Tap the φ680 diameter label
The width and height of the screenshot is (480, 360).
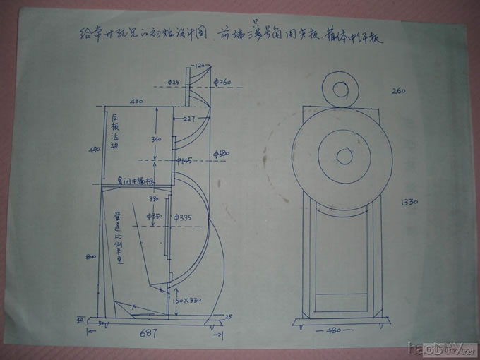(222, 152)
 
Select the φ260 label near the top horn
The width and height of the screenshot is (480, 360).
(220, 83)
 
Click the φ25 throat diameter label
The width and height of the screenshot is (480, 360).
(173, 83)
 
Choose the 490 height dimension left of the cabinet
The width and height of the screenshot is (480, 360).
(90, 150)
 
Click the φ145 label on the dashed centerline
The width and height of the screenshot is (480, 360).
(185, 162)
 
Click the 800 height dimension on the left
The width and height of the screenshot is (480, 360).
(90, 257)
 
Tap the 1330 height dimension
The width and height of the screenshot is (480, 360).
(410, 202)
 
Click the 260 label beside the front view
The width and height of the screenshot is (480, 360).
(400, 90)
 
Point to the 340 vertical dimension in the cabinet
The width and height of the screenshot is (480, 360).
(157, 139)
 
